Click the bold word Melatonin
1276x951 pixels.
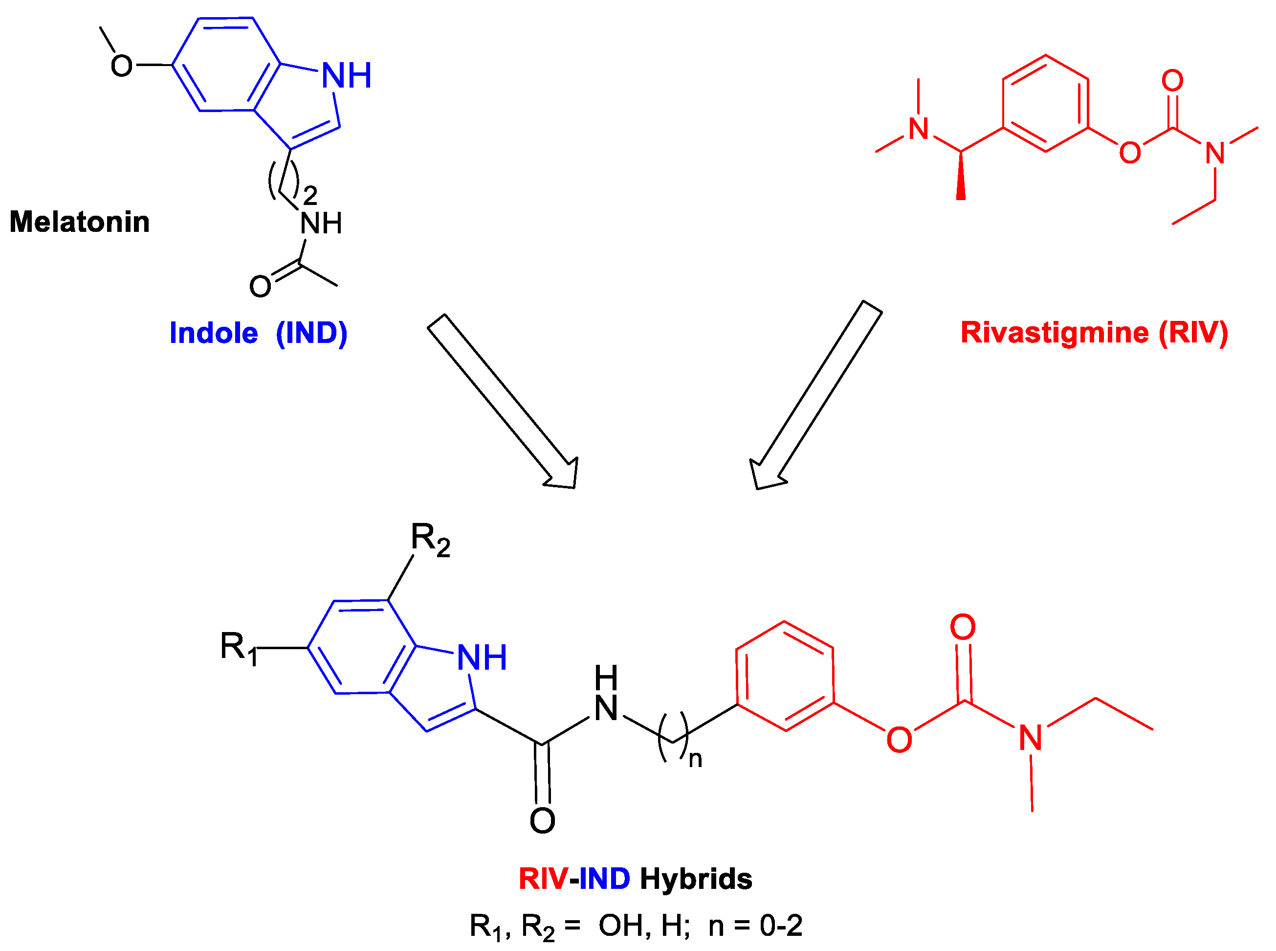79,222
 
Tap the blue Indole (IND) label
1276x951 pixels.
258,333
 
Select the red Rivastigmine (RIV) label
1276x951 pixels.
1094,332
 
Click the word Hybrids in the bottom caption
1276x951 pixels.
696,879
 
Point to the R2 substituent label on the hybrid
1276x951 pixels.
430,540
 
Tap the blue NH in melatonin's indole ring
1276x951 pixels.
346,75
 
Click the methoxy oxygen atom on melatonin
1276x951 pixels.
121,66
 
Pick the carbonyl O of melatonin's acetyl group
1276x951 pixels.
260,286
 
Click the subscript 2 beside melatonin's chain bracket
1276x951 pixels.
310,196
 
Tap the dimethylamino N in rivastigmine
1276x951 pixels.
919,129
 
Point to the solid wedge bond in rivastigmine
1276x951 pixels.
961,176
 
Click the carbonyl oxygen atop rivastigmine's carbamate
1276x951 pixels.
1172,81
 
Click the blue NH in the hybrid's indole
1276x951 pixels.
482,657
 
